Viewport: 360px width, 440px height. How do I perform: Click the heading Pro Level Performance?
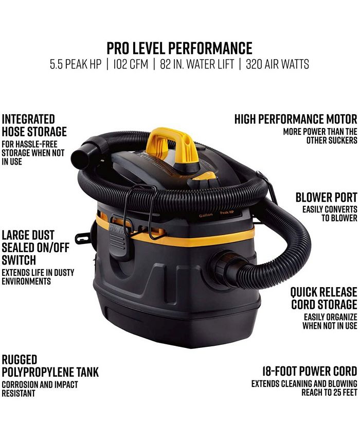click(179, 48)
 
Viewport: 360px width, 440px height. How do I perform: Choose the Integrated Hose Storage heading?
click(34, 125)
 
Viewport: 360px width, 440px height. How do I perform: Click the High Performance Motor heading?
click(295, 119)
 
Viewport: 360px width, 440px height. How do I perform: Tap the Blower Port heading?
click(326, 198)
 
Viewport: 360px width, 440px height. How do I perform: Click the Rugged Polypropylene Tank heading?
click(49, 366)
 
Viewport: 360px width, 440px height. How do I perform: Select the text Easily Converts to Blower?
click(330, 214)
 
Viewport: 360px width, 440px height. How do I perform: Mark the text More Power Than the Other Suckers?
click(320, 136)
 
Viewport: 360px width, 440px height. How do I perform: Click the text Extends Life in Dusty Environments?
click(33, 277)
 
